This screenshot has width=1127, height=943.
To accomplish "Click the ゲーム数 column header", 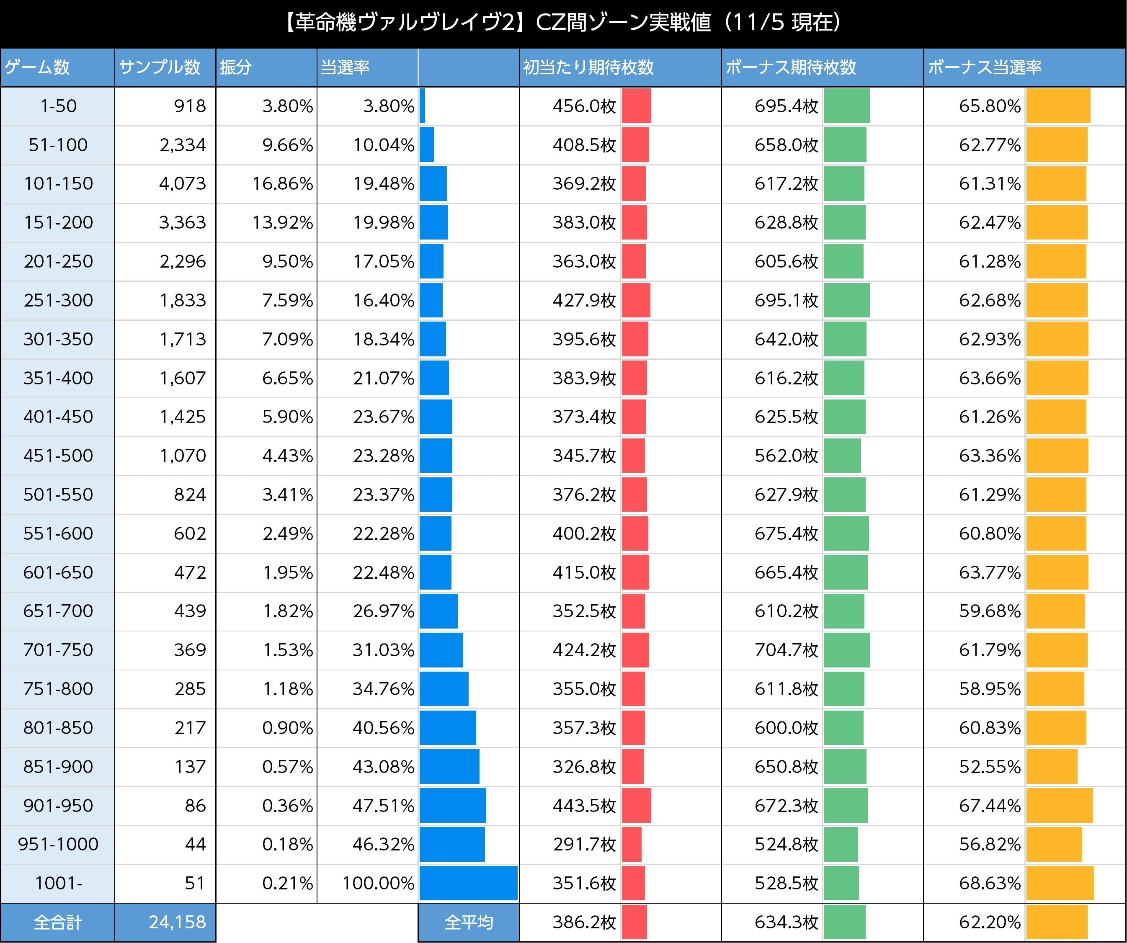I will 38,67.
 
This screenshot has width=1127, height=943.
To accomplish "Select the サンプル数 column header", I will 160,67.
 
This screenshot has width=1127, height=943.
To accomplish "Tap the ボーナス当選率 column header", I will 985,67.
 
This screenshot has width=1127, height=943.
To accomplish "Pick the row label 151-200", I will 58,222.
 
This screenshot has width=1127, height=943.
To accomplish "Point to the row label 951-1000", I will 58,844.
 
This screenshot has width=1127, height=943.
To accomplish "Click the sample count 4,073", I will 183,183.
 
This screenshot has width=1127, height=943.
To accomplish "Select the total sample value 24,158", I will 177,922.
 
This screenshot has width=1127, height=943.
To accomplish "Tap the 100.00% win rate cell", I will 378,883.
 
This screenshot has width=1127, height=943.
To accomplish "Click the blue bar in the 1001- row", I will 468,883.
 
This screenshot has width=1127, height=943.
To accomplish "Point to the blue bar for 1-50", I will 422,106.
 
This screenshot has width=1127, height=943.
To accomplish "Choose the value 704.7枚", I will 786,650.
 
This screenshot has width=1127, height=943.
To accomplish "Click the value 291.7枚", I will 584,844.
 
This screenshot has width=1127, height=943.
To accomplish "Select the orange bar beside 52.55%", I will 1051,766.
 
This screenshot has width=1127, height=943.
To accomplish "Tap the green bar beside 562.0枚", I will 843,456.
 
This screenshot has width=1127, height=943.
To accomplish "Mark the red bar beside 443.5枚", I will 637,806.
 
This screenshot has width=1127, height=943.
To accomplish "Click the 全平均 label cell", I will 468,922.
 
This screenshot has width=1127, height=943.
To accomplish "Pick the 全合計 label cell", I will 57,922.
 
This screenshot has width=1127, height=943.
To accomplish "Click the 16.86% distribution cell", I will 282,183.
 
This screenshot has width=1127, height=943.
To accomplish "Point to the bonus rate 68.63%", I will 990,883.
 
